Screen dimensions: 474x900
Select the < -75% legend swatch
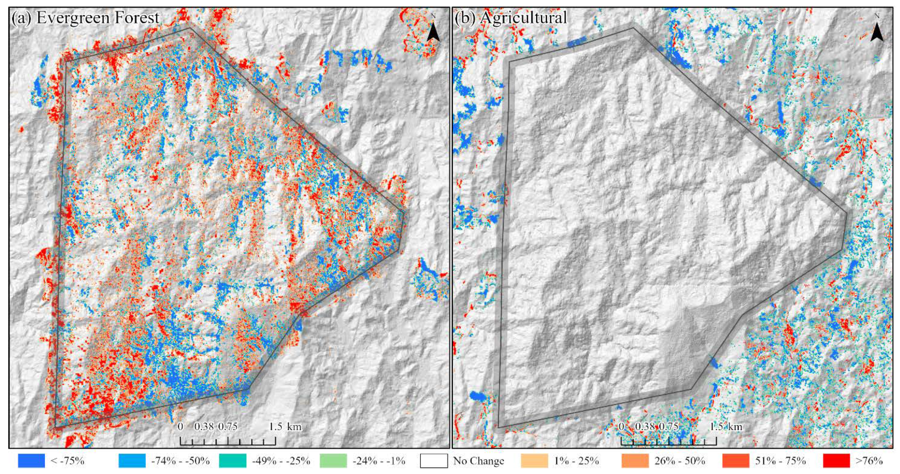31,461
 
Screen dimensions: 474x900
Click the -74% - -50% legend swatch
132,461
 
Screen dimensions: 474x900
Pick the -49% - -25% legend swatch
233,461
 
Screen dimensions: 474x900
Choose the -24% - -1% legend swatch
333,461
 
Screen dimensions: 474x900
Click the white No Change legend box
434,461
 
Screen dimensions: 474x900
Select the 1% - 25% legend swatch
534,461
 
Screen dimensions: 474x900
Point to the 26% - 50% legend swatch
635,461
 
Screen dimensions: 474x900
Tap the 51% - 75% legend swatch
735,461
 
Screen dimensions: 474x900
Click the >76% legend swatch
836,461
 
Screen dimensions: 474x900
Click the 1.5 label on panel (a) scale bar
275,427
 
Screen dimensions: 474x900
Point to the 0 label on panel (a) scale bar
180,427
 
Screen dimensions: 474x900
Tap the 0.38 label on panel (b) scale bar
645,427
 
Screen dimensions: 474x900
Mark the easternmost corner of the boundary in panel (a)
404,213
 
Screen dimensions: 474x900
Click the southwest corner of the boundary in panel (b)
499,427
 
